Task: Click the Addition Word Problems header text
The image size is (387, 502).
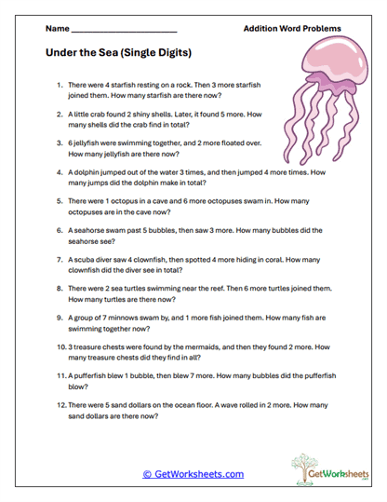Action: [x=291, y=29]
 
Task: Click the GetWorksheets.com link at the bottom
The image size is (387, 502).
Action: [x=193, y=473]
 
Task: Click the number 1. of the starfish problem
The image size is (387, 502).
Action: [x=60, y=85]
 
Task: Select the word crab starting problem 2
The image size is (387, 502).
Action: [x=100, y=115]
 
